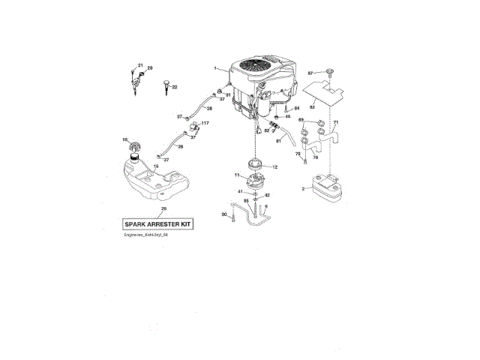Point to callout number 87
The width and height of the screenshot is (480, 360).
(310, 73)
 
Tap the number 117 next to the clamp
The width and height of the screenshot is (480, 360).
(205, 123)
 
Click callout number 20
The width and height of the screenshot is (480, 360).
(149, 69)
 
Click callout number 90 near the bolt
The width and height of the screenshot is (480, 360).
(223, 215)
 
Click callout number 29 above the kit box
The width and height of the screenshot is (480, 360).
(163, 208)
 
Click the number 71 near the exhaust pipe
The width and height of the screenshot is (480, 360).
(336, 122)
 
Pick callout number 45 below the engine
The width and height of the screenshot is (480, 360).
(287, 116)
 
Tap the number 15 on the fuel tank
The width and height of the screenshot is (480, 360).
(155, 166)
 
